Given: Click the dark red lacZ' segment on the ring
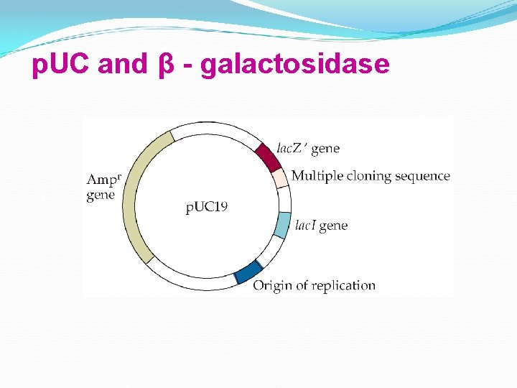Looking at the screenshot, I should click(x=267, y=156).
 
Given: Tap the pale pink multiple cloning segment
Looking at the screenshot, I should click(x=279, y=177).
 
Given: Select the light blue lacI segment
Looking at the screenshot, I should click(x=283, y=225).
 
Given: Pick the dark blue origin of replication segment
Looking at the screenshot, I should click(x=248, y=272).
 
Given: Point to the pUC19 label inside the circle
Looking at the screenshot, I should click(x=207, y=208).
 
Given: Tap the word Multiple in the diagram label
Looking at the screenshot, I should click(x=315, y=176).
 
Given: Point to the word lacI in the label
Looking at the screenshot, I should click(x=305, y=226).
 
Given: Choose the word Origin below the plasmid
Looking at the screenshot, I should click(x=272, y=285).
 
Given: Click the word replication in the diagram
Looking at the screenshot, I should click(x=343, y=286).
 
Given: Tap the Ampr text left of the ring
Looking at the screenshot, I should click(x=103, y=179).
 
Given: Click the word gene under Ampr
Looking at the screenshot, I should click(x=101, y=195).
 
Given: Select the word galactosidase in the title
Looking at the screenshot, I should click(x=295, y=65).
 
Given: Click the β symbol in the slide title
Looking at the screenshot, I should click(x=163, y=65).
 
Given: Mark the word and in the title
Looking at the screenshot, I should click(x=122, y=65).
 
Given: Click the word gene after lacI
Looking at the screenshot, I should click(x=333, y=226).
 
